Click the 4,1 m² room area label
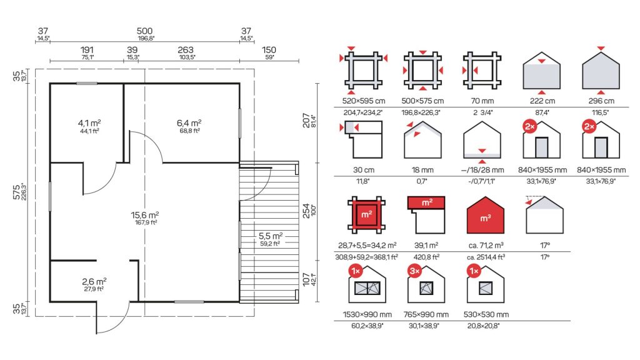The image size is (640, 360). tap(89, 123)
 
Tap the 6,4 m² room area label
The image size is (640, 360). tap(189, 123)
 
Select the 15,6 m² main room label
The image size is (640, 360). tap(145, 215)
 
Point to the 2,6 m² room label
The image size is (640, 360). tap(94, 282)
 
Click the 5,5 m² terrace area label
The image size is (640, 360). tap(271, 236)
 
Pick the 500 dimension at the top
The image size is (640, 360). tap(144, 31)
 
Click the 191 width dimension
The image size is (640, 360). tap(86, 50)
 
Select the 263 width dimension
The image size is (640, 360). tap(185, 50)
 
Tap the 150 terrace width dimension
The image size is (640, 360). tap(269, 50)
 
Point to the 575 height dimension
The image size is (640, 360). tap(16, 192)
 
